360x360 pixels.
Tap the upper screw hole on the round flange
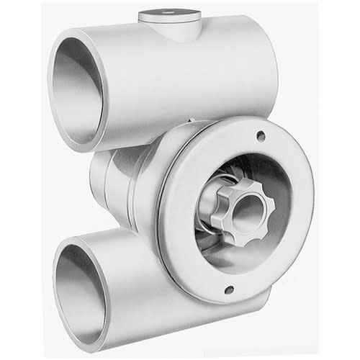click(260, 135)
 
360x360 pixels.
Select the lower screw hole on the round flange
click(229, 290)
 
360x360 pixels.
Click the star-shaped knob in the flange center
click(244, 210)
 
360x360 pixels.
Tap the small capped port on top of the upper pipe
click(170, 22)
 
